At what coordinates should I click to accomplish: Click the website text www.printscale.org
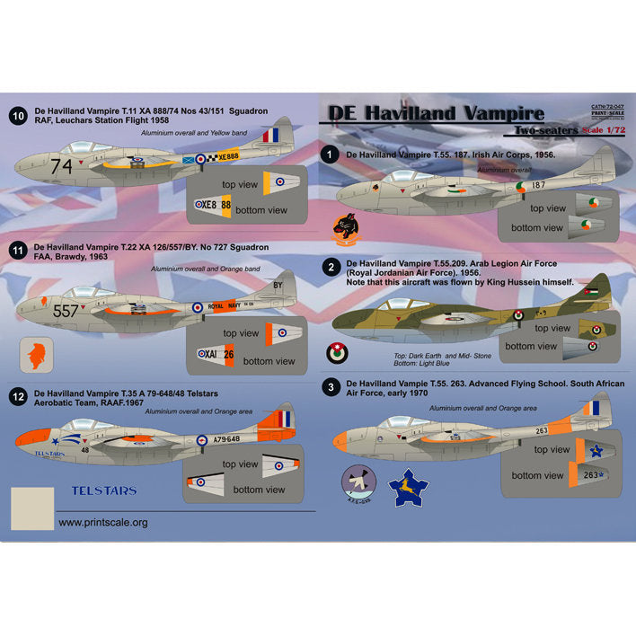click(103, 521)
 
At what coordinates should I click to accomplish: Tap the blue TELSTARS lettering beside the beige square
click(104, 491)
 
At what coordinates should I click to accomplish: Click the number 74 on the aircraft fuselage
click(62, 165)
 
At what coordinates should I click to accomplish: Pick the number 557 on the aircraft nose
click(66, 311)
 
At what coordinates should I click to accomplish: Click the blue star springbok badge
click(407, 488)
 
